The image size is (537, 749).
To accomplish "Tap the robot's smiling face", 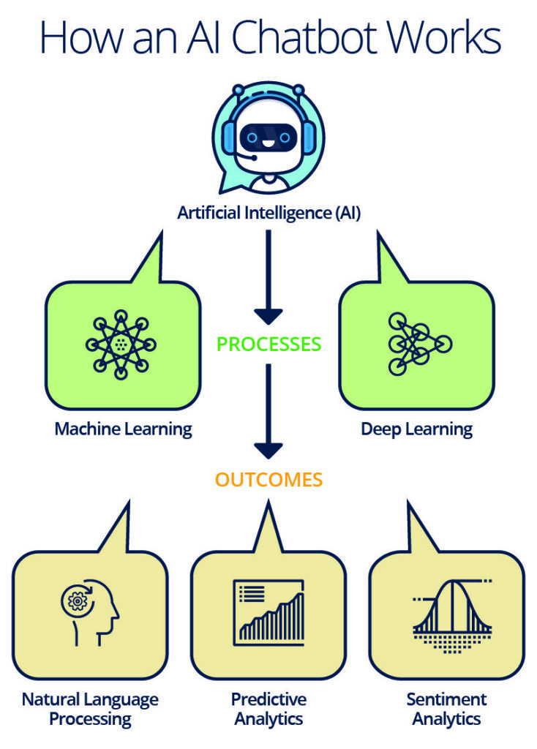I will [268, 135].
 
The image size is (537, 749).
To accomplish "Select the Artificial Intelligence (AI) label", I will [268, 214].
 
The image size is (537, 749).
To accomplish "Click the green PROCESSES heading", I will [268, 344].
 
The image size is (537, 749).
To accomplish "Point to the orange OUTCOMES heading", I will [268, 480].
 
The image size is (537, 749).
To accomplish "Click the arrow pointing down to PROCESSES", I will [268, 278].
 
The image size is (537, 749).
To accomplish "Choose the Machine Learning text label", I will [123, 429].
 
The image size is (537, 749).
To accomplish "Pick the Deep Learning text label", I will [416, 429].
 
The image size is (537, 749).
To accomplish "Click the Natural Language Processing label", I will [90, 708].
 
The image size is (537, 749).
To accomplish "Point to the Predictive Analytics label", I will [268, 708].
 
